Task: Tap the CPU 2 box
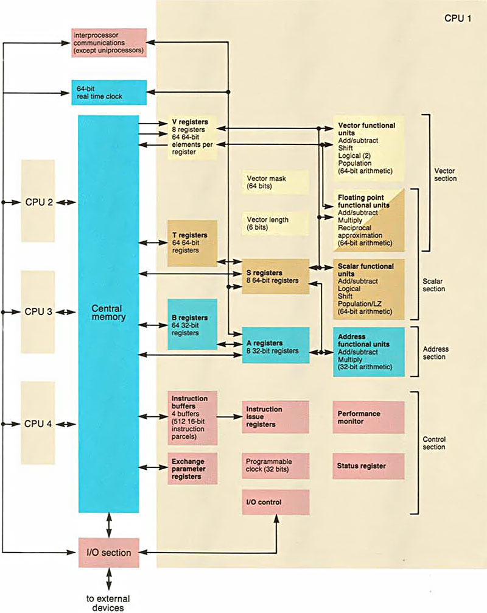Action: (38, 201)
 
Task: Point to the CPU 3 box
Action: (38, 311)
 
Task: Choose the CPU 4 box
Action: (38, 422)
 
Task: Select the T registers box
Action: (192, 243)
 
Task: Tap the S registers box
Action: (276, 276)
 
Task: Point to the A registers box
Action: (276, 346)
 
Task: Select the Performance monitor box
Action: (368, 417)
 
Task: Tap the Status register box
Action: (368, 466)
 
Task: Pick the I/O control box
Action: (276, 501)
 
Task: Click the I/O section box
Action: (109, 553)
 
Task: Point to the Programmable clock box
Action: (276, 466)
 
